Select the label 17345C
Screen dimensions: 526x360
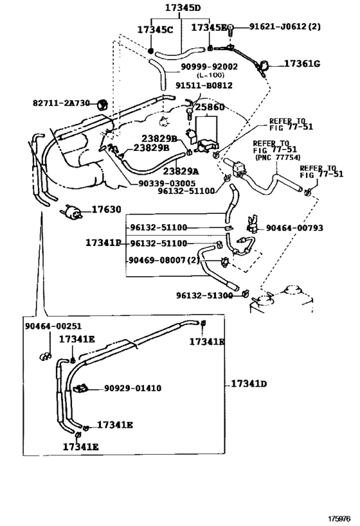pyautogui.click(x=155, y=29)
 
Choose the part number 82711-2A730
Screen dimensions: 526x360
pyautogui.click(x=62, y=103)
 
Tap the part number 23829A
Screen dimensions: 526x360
pyautogui.click(x=181, y=171)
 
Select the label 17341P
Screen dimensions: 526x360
pyautogui.click(x=104, y=243)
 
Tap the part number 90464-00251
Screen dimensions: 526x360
pyautogui.click(x=53, y=326)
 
